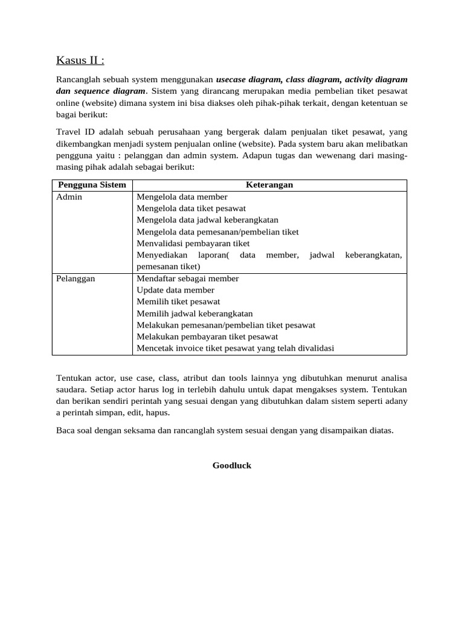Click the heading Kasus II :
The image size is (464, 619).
tap(80, 60)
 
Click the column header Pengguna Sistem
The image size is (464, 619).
tap(91, 185)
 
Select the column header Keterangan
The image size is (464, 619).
tap(269, 185)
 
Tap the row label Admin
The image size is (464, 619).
tap(69, 197)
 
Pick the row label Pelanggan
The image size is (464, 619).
tap(76, 279)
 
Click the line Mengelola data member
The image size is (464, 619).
tap(182, 197)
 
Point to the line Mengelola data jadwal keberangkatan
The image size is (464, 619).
tap(207, 220)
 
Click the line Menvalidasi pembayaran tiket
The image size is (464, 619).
tap(193, 244)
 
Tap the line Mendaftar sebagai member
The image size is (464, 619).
tap(187, 279)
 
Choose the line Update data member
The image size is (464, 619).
tap(175, 290)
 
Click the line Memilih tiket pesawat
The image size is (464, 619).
tap(178, 302)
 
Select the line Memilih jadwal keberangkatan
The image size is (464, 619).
tap(195, 314)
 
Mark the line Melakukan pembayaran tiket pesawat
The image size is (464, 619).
tap(207, 337)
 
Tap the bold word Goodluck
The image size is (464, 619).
tap(231, 465)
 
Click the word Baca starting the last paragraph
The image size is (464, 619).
tap(66, 431)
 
